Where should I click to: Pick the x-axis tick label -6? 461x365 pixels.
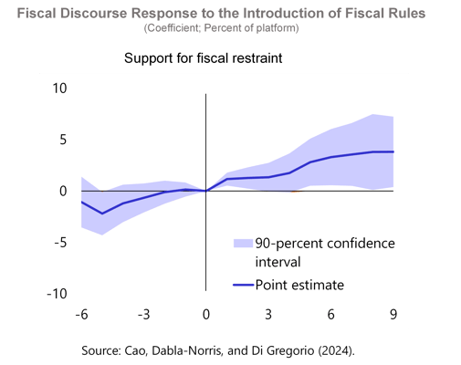pos(81,315)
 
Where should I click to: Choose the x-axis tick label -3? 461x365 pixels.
pos(143,315)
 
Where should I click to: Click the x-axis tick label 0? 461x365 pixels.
pos(206,315)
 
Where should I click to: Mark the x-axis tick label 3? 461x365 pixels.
pos(268,315)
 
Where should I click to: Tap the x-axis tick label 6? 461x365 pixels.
pos(330,315)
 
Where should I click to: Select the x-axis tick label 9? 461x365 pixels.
pos(393,315)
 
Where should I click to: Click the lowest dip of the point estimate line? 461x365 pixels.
pos(102,214)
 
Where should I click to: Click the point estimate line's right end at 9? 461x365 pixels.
pos(393,151)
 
